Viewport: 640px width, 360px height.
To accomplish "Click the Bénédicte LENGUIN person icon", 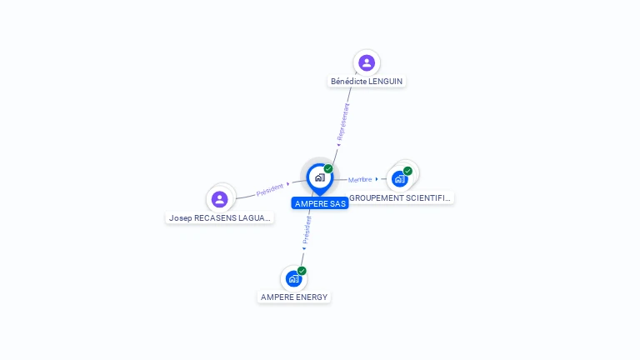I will (x=367, y=62).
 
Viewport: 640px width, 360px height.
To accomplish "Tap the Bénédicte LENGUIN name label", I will (x=367, y=81).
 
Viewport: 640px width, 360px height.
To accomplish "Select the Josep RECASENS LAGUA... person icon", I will (x=219, y=198).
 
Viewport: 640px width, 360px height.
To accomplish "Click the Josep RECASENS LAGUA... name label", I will (x=220, y=217).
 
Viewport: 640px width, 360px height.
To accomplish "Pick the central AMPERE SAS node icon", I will (x=319, y=177).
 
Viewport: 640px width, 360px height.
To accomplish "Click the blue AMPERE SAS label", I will (x=320, y=203).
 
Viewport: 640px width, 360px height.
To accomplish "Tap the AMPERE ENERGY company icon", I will (x=293, y=278).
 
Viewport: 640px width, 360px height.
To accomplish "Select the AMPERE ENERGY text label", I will (x=294, y=297).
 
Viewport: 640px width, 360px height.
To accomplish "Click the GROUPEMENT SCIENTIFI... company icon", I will (x=400, y=178).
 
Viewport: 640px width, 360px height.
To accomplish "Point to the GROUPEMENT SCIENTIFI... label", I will (x=401, y=198).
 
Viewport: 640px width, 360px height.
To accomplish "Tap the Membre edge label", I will (x=360, y=179).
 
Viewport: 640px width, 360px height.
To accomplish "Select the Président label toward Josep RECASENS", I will (x=270, y=189).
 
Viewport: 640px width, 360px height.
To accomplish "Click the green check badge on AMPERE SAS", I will (x=328, y=169).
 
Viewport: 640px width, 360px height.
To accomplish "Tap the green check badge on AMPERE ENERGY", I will (x=302, y=271).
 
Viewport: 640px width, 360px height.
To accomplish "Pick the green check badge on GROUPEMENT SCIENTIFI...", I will (x=407, y=171).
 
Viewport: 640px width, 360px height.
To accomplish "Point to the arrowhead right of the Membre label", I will (x=377, y=179).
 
